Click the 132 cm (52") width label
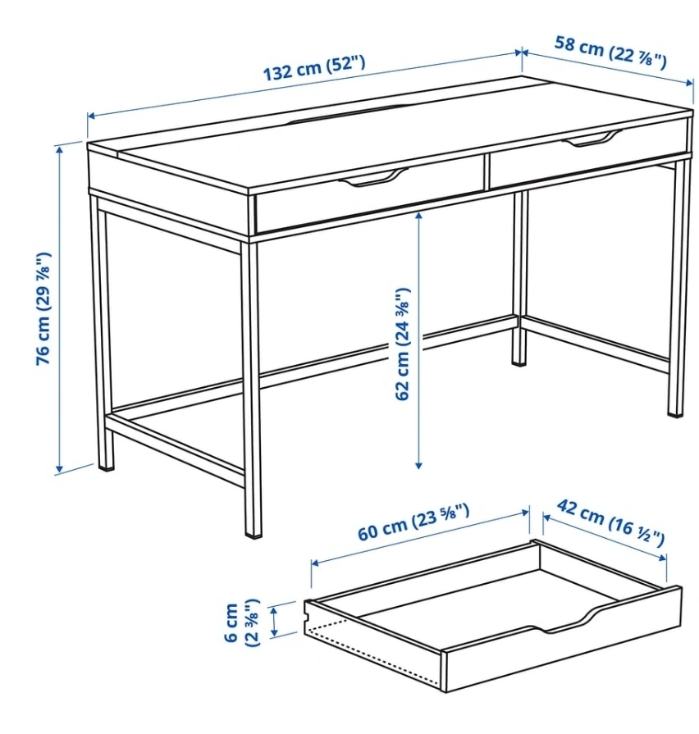tap(313, 68)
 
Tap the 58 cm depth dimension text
tap(610, 52)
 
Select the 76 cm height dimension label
tap(43, 309)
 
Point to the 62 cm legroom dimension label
tap(402, 344)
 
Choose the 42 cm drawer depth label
tap(610, 522)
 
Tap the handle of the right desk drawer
tap(592, 139)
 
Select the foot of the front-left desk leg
tap(106, 467)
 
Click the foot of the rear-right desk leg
tap(519, 362)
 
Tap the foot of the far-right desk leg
tap(675, 413)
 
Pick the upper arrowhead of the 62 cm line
tap(418, 216)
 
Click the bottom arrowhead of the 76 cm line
tap(59, 468)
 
